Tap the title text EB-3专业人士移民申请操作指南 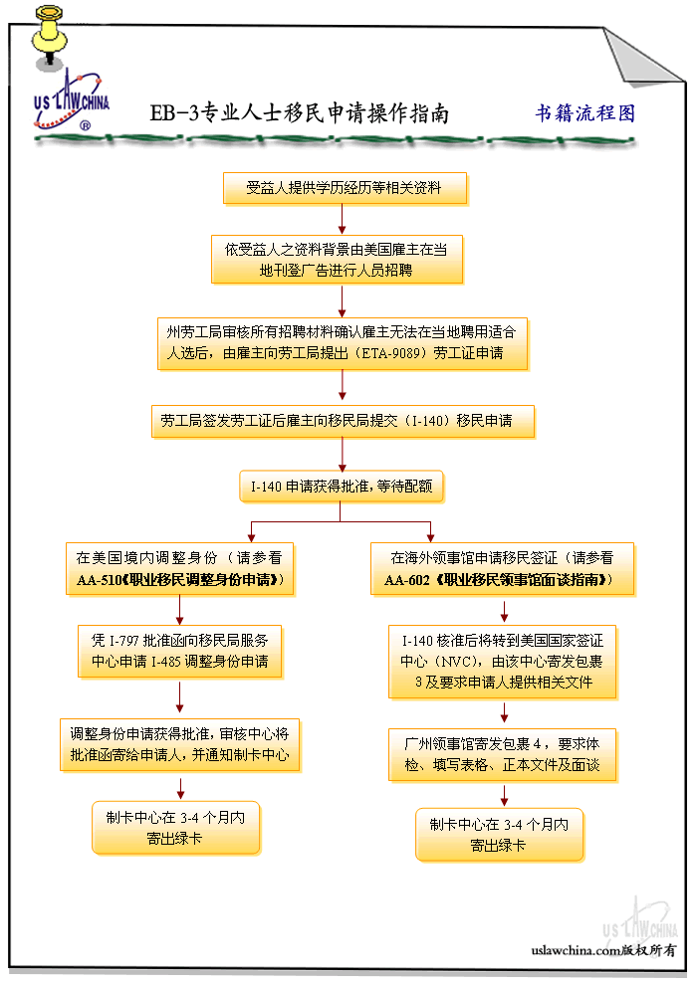click(x=299, y=113)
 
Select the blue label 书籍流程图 click(x=584, y=112)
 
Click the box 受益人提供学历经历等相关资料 click(x=344, y=187)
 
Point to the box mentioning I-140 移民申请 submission click(x=343, y=421)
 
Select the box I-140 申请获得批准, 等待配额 click(x=341, y=487)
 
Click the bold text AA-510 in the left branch click(x=98, y=579)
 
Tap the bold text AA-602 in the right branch click(x=406, y=579)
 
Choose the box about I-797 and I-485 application click(x=179, y=651)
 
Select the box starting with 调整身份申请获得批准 click(x=179, y=744)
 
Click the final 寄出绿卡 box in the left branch click(x=175, y=827)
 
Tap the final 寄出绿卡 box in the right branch click(x=499, y=835)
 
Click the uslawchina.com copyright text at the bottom click(x=603, y=950)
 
